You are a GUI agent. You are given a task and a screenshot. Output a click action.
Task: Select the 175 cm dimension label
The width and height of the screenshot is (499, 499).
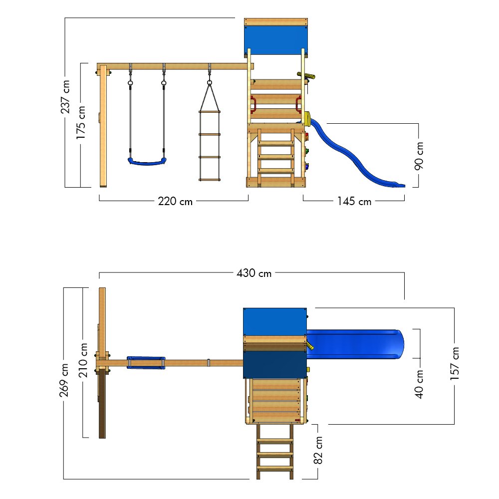click(x=81, y=122)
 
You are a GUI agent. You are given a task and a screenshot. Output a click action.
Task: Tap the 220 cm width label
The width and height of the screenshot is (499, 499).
click(x=175, y=202)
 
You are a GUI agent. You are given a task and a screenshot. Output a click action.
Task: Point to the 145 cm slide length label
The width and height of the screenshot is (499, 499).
click(x=354, y=202)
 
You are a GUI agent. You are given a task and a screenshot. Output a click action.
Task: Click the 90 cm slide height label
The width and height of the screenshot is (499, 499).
click(x=419, y=156)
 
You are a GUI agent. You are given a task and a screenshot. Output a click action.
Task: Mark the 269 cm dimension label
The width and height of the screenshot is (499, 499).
click(x=64, y=380)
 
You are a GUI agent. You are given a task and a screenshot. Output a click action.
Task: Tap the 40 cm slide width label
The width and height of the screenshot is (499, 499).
click(x=419, y=384)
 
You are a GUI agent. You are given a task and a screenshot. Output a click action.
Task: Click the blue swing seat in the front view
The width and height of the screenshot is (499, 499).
click(x=146, y=161)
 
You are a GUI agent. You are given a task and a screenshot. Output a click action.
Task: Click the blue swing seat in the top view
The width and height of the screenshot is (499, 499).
click(x=146, y=362)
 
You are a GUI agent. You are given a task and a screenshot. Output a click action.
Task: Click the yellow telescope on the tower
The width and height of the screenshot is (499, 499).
click(x=307, y=76)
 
